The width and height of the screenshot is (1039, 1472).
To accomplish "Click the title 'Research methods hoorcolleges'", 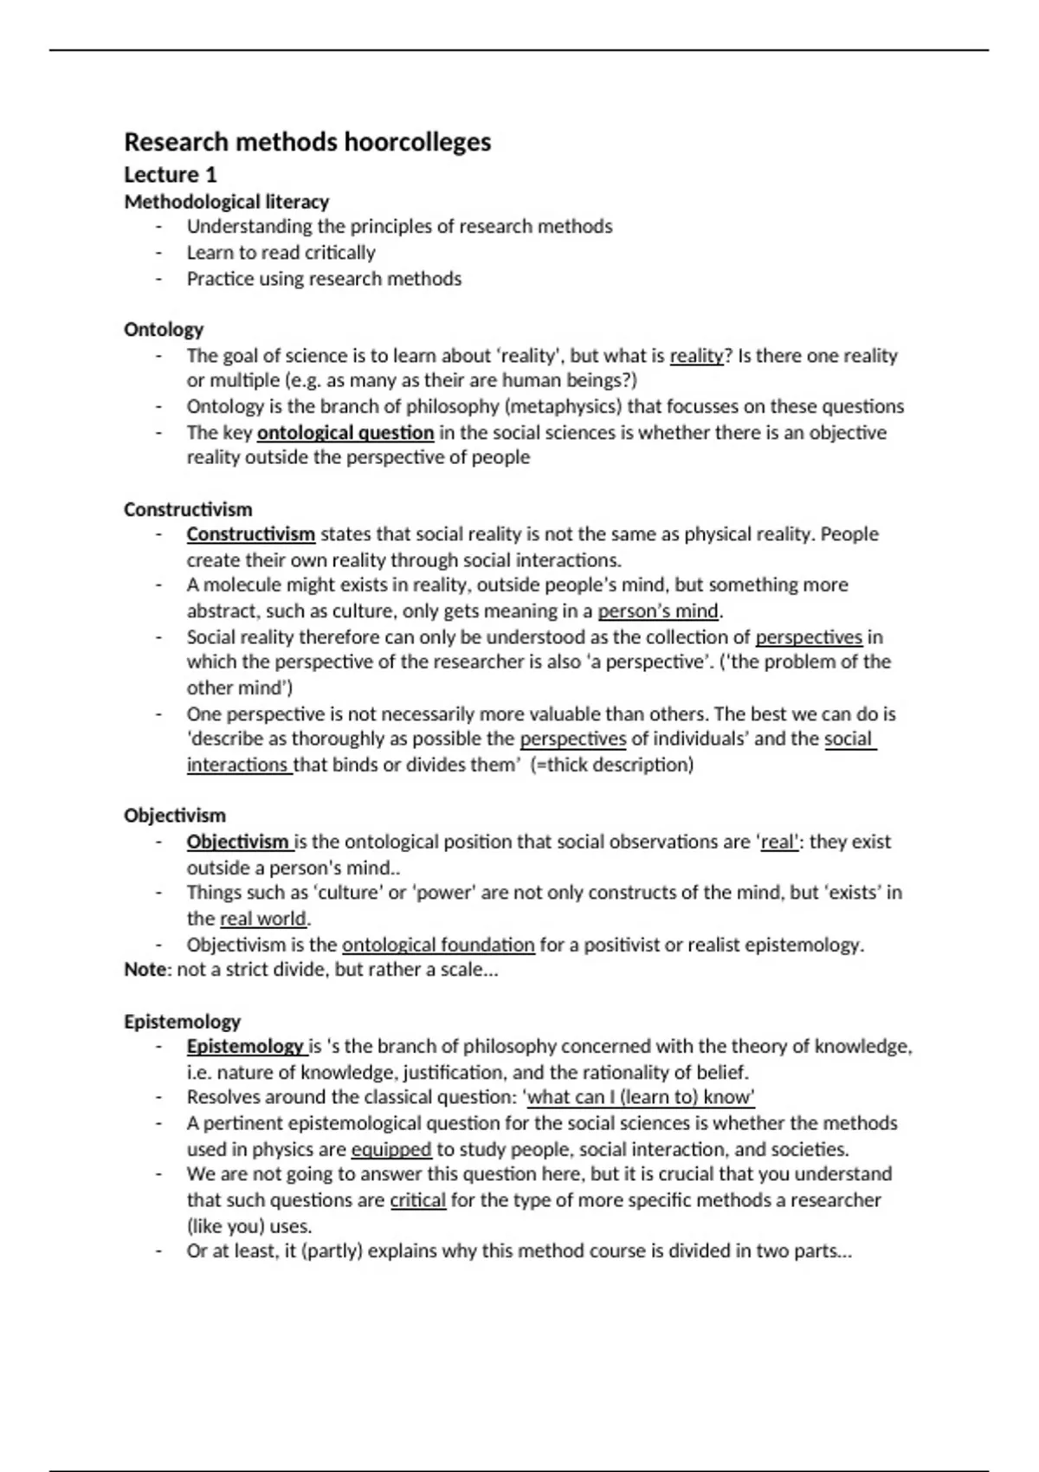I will click(307, 142).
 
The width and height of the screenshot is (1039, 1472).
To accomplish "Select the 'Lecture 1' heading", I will click(171, 175).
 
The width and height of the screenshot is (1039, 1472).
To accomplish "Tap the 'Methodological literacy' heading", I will click(227, 202).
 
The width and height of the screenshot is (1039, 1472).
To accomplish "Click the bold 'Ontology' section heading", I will click(164, 329).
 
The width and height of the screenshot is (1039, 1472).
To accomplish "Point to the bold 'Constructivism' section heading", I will click(188, 509).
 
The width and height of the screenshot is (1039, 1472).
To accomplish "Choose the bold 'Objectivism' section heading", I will click(175, 816).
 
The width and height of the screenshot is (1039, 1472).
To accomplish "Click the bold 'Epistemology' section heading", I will click(182, 1022).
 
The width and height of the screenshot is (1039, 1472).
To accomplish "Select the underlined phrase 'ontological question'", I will click(345, 433).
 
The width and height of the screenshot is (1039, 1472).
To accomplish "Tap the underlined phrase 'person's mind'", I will click(658, 611).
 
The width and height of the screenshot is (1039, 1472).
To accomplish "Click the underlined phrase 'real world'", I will click(263, 919).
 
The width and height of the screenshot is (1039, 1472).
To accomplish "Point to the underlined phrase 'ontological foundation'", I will click(438, 945).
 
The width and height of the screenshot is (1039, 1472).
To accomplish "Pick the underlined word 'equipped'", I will click(391, 1150).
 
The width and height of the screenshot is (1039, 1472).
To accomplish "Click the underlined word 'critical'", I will click(418, 1201).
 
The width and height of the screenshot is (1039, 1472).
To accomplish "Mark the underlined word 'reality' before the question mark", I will click(696, 356).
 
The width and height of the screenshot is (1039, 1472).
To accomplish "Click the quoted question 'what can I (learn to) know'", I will click(641, 1098).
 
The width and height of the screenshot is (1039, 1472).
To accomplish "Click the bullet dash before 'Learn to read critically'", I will click(159, 253).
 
